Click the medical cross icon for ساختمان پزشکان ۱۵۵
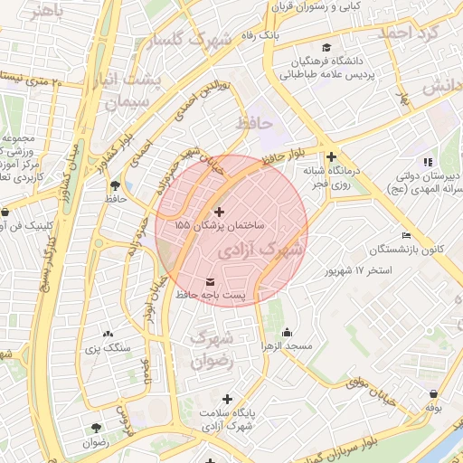[219, 211]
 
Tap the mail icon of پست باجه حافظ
[211, 282]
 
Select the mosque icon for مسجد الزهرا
[288, 332]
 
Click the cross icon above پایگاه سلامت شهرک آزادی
[226, 399]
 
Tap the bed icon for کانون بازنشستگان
[406, 235]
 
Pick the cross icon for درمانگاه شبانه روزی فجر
[331, 156]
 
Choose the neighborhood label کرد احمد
[412, 32]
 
